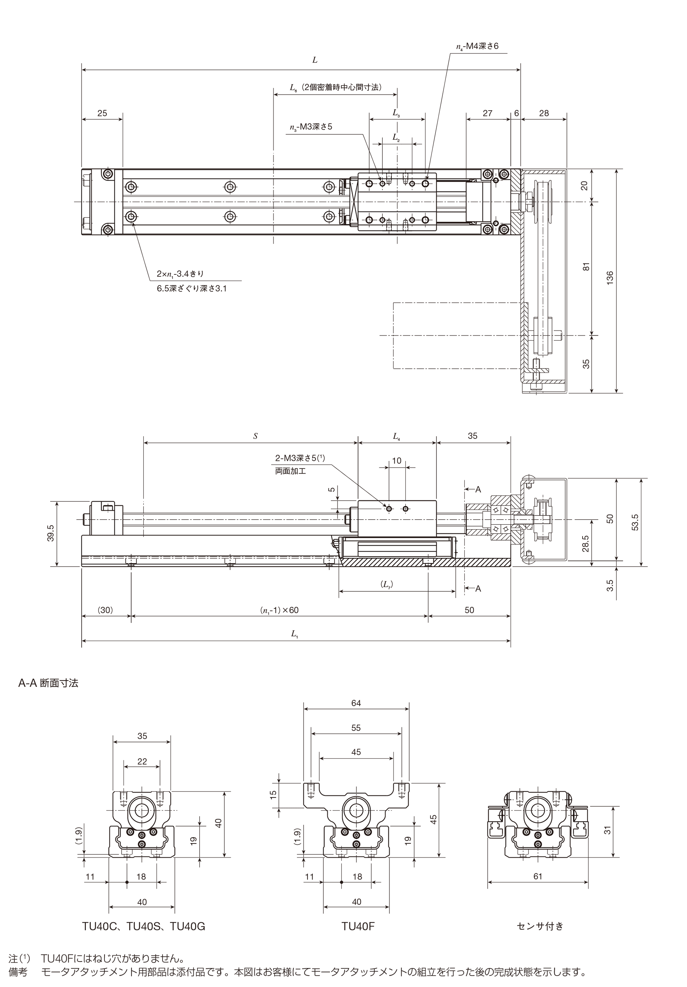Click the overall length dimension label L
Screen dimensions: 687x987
click(315, 60)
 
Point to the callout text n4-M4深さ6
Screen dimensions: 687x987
click(477, 46)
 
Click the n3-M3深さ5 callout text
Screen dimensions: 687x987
click(311, 127)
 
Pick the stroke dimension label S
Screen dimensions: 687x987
click(255, 436)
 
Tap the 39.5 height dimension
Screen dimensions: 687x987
click(51, 533)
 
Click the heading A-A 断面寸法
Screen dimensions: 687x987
click(48, 683)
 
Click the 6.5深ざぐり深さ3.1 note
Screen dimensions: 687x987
click(192, 288)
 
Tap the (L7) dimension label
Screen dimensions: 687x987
click(387, 584)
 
